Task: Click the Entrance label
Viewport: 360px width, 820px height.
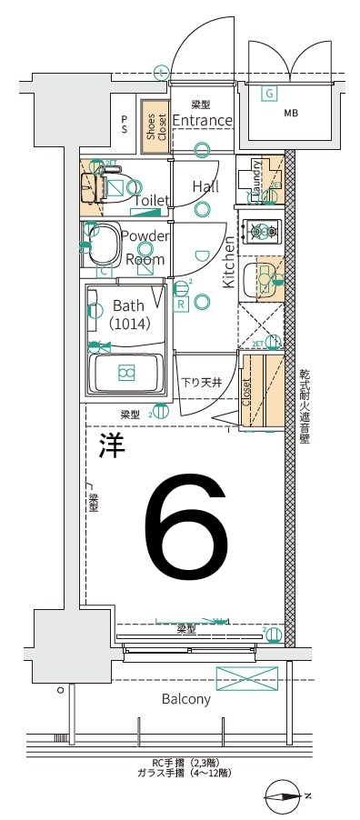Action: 202,121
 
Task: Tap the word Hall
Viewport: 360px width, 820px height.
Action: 205,186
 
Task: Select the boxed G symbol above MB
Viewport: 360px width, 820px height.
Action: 269,93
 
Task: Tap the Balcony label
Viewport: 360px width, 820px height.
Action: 186,699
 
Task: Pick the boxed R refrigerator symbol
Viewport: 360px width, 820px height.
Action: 182,305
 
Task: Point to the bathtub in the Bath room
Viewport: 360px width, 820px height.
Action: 125,372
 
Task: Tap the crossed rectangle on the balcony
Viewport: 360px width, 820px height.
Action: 247,678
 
